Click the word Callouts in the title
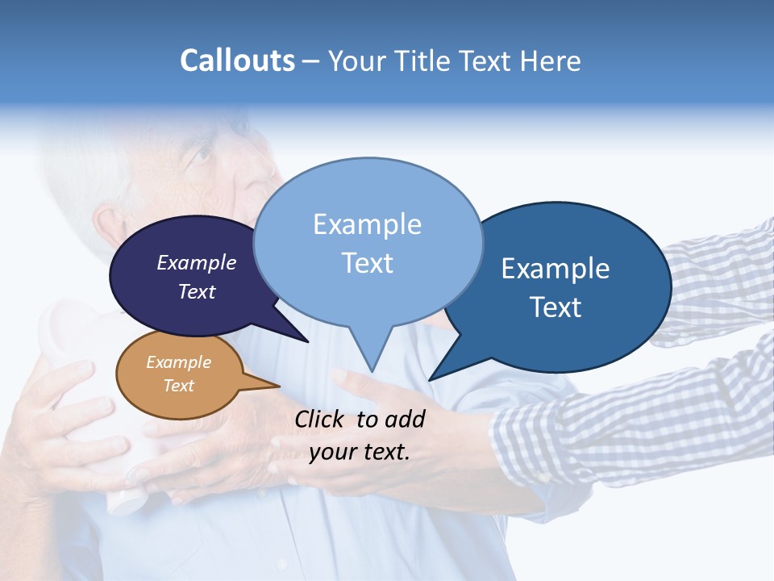pyautogui.click(x=237, y=61)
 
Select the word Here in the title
pyautogui.click(x=550, y=61)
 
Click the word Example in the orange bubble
pyautogui.click(x=178, y=363)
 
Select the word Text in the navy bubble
pyautogui.click(x=197, y=291)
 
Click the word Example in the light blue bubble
pyautogui.click(x=367, y=224)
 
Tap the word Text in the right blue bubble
pyautogui.click(x=556, y=307)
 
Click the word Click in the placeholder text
pyautogui.click(x=321, y=419)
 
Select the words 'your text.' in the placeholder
pyautogui.click(x=360, y=452)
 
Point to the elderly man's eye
pyautogui.click(x=200, y=153)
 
